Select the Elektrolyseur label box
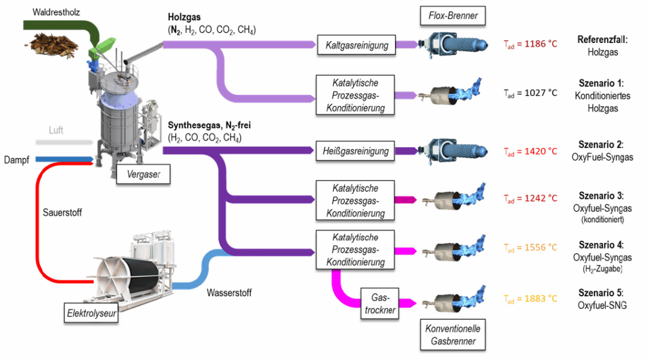click(92, 311)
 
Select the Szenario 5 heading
click(602, 293)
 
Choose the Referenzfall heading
click(602, 39)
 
